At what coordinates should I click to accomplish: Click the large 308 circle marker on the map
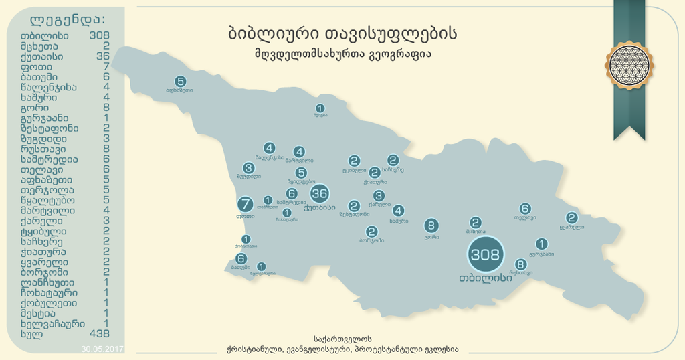tap(485, 254)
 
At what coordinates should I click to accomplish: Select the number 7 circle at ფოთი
tap(246, 204)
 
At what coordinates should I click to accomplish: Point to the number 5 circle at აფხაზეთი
tap(180, 81)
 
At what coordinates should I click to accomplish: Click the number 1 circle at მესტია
tap(320, 108)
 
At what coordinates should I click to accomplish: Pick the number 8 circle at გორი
tap(431, 226)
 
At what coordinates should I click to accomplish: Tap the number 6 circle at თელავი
tap(525, 209)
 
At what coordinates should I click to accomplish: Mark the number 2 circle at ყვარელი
tap(571, 217)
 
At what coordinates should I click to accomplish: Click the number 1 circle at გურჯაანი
tap(542, 244)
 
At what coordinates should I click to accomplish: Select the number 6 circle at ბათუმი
tap(241, 258)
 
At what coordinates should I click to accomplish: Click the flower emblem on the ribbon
tap(629, 65)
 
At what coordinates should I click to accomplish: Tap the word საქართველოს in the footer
tap(342, 339)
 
